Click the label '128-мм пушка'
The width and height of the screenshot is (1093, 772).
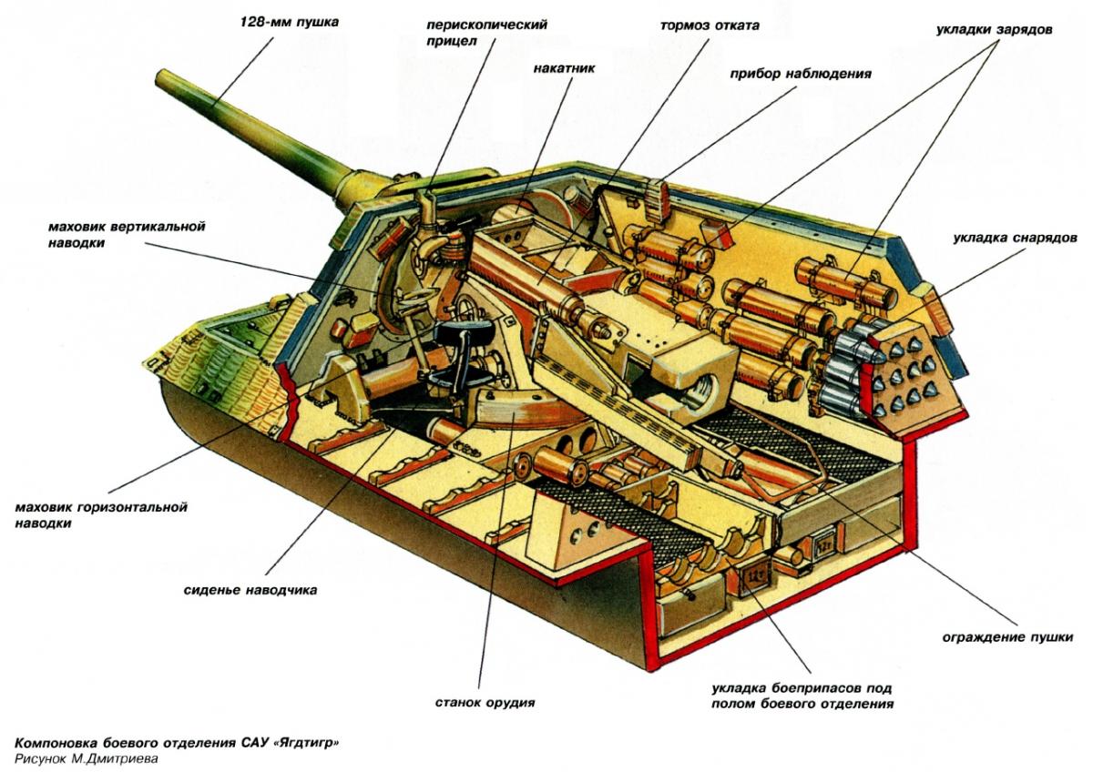click(x=290, y=23)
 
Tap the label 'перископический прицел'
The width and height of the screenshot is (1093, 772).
click(x=486, y=32)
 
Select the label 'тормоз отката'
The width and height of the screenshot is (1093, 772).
click(x=710, y=25)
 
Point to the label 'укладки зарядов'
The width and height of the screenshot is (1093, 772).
click(x=994, y=29)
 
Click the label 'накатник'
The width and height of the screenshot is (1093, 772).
click(x=564, y=67)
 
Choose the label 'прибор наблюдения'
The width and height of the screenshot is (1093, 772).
click(x=801, y=74)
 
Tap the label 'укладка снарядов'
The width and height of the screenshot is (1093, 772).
click(x=1015, y=238)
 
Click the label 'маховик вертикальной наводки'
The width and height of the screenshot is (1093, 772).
click(x=127, y=235)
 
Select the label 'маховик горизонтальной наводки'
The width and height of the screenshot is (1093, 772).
click(x=101, y=515)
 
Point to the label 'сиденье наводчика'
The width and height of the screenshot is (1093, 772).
click(x=250, y=590)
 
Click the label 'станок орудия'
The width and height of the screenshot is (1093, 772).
click(x=485, y=703)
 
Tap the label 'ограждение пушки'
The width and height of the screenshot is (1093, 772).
click(x=1007, y=637)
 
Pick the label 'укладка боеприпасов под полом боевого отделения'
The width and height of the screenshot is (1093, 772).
click(x=802, y=696)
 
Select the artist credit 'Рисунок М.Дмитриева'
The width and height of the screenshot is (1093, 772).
click(x=87, y=759)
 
